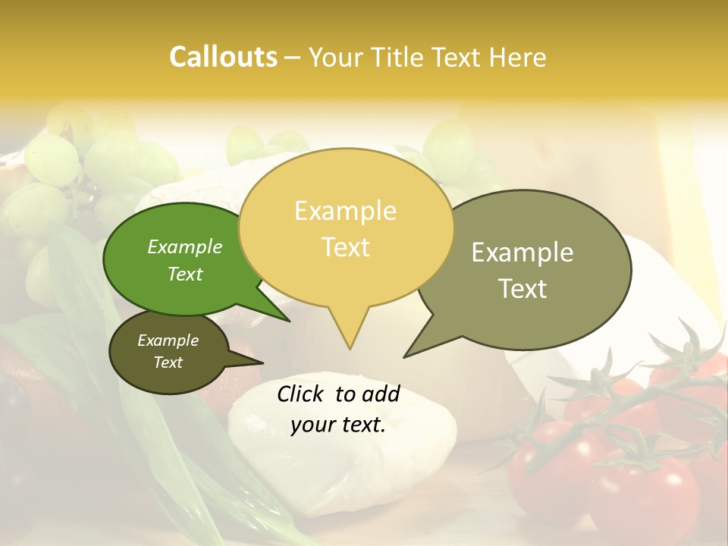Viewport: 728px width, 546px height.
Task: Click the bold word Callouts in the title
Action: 223,57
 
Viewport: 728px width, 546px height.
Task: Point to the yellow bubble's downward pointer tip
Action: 350,348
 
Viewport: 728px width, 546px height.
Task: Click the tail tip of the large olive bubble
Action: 404,357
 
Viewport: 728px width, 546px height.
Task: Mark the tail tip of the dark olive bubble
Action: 262,362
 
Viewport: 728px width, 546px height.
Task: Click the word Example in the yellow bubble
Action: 345,211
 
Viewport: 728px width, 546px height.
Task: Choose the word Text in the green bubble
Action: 185,275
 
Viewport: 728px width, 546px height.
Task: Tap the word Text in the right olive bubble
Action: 522,288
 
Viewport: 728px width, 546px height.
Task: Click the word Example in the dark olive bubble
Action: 168,340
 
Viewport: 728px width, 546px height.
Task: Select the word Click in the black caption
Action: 301,394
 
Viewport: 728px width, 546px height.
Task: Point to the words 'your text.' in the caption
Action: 338,425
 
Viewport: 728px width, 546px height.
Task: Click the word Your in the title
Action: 336,57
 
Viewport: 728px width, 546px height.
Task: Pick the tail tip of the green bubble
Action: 289,322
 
